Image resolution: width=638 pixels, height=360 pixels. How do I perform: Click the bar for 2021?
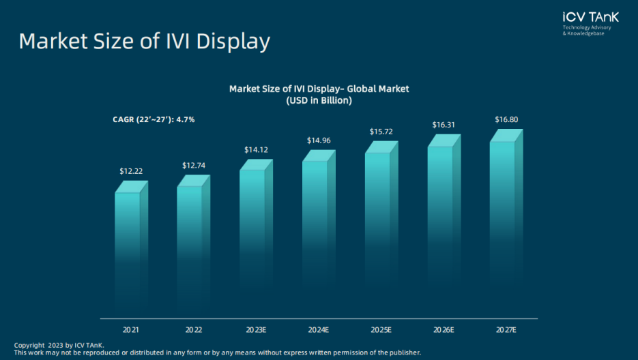[128, 252]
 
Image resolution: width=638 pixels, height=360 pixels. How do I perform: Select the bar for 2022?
[190, 249]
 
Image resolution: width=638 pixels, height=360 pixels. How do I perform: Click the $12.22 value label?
[131, 170]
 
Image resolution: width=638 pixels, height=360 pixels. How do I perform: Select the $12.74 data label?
[194, 165]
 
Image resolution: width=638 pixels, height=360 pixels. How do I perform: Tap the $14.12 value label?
[257, 149]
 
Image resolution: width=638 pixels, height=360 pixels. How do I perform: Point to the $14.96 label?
[319, 140]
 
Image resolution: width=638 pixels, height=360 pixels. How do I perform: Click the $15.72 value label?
[381, 131]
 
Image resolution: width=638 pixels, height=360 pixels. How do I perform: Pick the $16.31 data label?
[444, 125]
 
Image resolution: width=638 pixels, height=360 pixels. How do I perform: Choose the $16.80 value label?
[506, 120]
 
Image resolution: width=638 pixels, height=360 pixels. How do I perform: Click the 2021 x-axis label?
[131, 330]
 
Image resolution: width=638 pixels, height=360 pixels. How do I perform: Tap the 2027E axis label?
[506, 330]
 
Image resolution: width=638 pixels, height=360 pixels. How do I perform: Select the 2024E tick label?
[319, 330]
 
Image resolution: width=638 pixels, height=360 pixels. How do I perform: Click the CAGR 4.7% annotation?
[154, 119]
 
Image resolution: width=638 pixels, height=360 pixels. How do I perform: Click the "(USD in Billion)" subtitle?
[319, 101]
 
